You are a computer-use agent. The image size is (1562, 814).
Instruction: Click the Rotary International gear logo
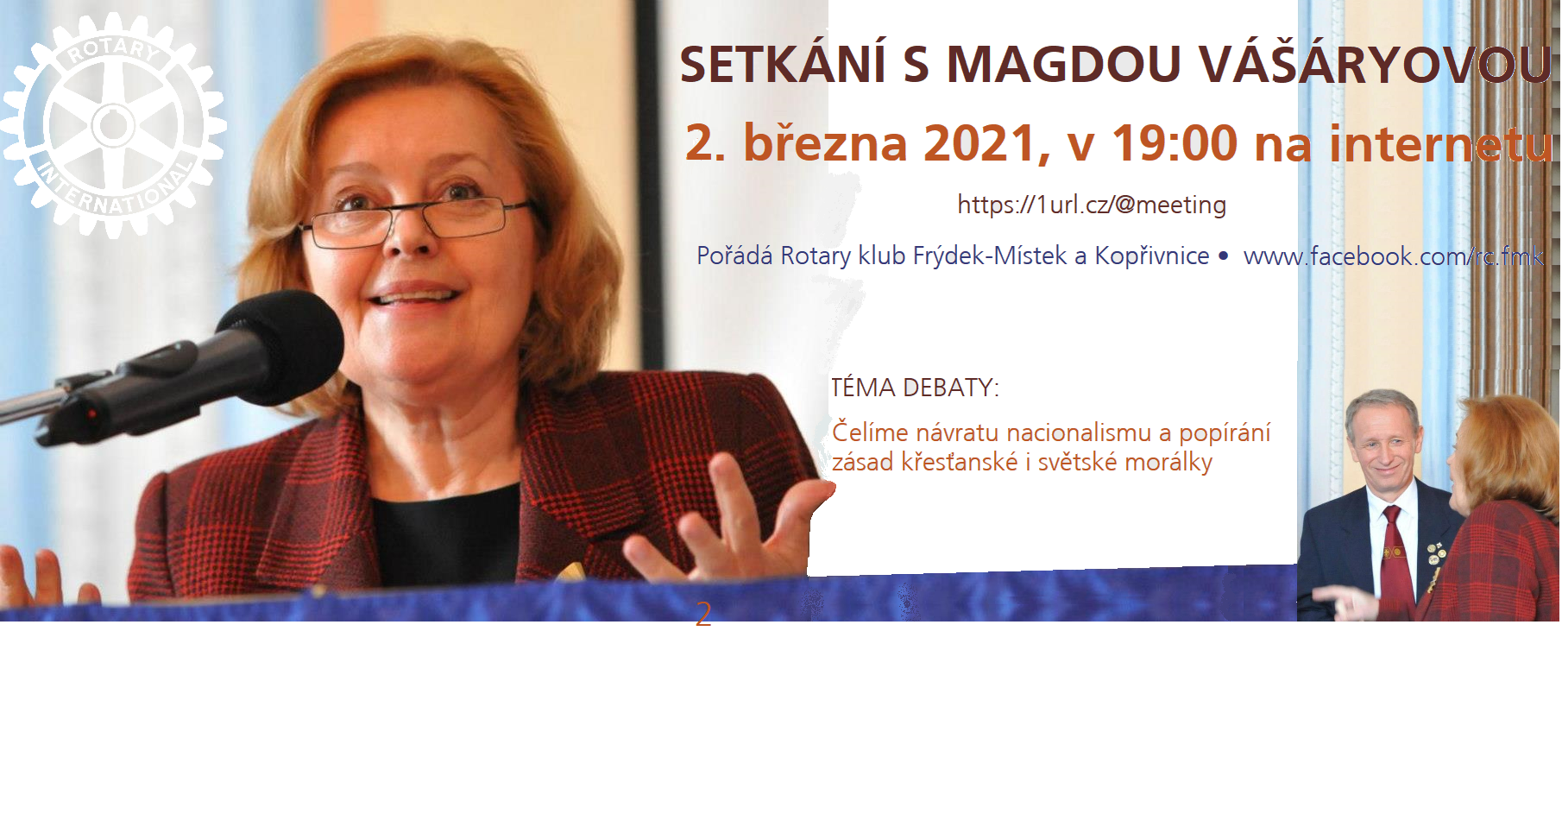point(113,126)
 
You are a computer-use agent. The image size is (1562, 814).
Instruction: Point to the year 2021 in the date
point(979,143)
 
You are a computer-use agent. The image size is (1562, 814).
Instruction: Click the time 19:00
point(1175,143)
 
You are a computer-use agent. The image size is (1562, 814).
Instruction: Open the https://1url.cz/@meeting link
point(1092,205)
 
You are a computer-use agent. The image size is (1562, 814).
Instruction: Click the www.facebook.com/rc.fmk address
point(1394,256)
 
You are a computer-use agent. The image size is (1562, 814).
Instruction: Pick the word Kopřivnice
point(1152,256)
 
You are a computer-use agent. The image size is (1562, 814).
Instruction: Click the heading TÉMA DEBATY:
point(915,388)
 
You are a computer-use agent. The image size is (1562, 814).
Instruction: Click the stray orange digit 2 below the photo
point(703,614)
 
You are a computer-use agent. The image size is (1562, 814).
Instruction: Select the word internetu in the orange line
point(1440,143)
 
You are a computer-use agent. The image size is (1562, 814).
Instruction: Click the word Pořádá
point(734,256)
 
